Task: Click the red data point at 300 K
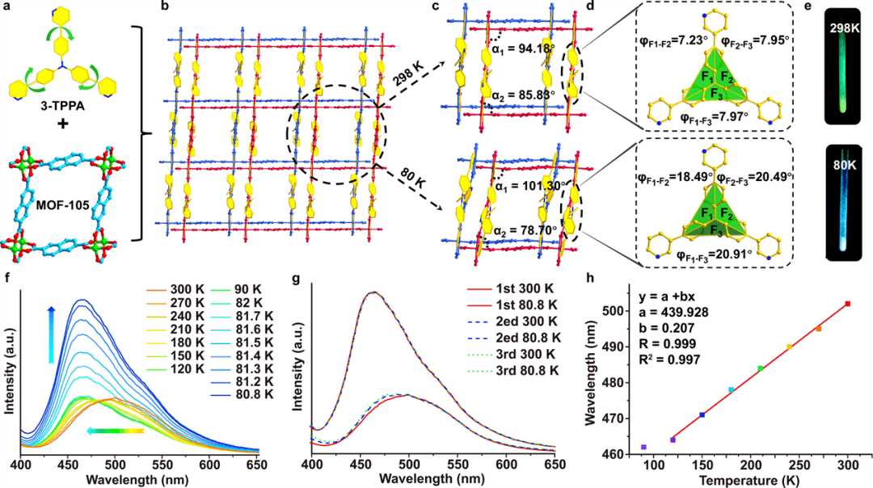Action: tap(848, 304)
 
